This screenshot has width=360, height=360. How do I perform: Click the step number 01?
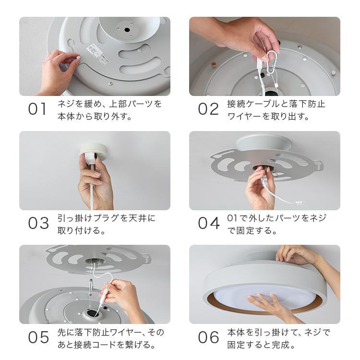(37, 109)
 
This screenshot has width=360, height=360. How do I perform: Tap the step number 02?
(208, 109)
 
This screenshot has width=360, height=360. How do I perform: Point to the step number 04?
(209, 224)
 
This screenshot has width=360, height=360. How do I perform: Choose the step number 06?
(209, 338)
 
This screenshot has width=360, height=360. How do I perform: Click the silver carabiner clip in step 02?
(272, 62)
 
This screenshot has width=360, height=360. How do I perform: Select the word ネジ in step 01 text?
(67, 104)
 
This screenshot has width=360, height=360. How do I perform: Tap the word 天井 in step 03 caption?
(138, 218)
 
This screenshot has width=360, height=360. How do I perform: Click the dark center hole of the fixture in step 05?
(91, 314)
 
